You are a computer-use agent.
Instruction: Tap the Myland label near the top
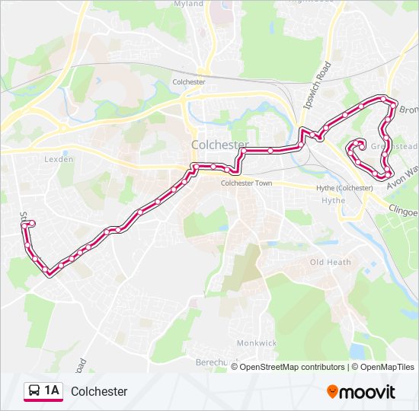[x=190, y=4]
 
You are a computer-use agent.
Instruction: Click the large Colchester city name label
[x=219, y=145]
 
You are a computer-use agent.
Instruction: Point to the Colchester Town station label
[x=246, y=183]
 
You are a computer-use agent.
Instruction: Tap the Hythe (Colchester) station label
[x=344, y=188]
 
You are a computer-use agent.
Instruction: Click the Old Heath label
[x=331, y=263]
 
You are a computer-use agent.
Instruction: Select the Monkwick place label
[x=256, y=343]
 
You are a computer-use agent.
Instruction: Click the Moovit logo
[x=361, y=392]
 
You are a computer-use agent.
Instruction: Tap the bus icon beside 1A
[x=34, y=391]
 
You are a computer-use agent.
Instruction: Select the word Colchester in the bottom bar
[x=99, y=392]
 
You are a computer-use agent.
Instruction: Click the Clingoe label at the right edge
[x=403, y=207]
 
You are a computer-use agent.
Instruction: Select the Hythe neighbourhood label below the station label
[x=333, y=201]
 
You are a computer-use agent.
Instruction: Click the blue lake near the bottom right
[x=357, y=351]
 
